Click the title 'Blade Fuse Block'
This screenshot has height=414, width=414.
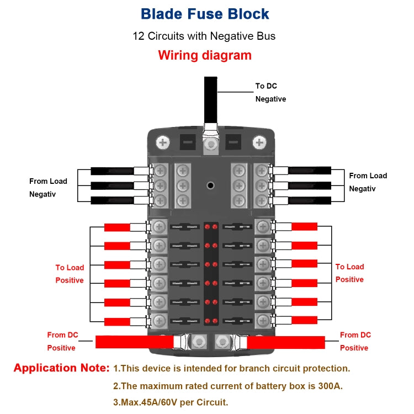(x=205, y=14)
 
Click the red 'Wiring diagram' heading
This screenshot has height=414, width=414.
(x=205, y=55)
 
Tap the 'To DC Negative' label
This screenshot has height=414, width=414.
(x=270, y=92)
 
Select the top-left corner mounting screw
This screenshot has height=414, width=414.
(x=163, y=143)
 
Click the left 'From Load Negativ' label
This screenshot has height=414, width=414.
(x=48, y=188)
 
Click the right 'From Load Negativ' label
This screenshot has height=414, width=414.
(x=368, y=182)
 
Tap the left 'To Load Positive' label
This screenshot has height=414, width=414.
(x=70, y=274)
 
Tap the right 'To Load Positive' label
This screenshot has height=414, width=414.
(x=349, y=273)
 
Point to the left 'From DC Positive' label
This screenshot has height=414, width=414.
(x=62, y=341)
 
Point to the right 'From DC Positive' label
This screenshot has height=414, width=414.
(x=355, y=341)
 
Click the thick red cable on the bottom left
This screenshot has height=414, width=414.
(x=132, y=342)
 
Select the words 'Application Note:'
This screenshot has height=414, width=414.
(x=61, y=368)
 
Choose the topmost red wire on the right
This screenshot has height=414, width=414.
(x=304, y=226)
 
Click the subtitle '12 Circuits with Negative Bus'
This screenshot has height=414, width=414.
(x=204, y=36)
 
